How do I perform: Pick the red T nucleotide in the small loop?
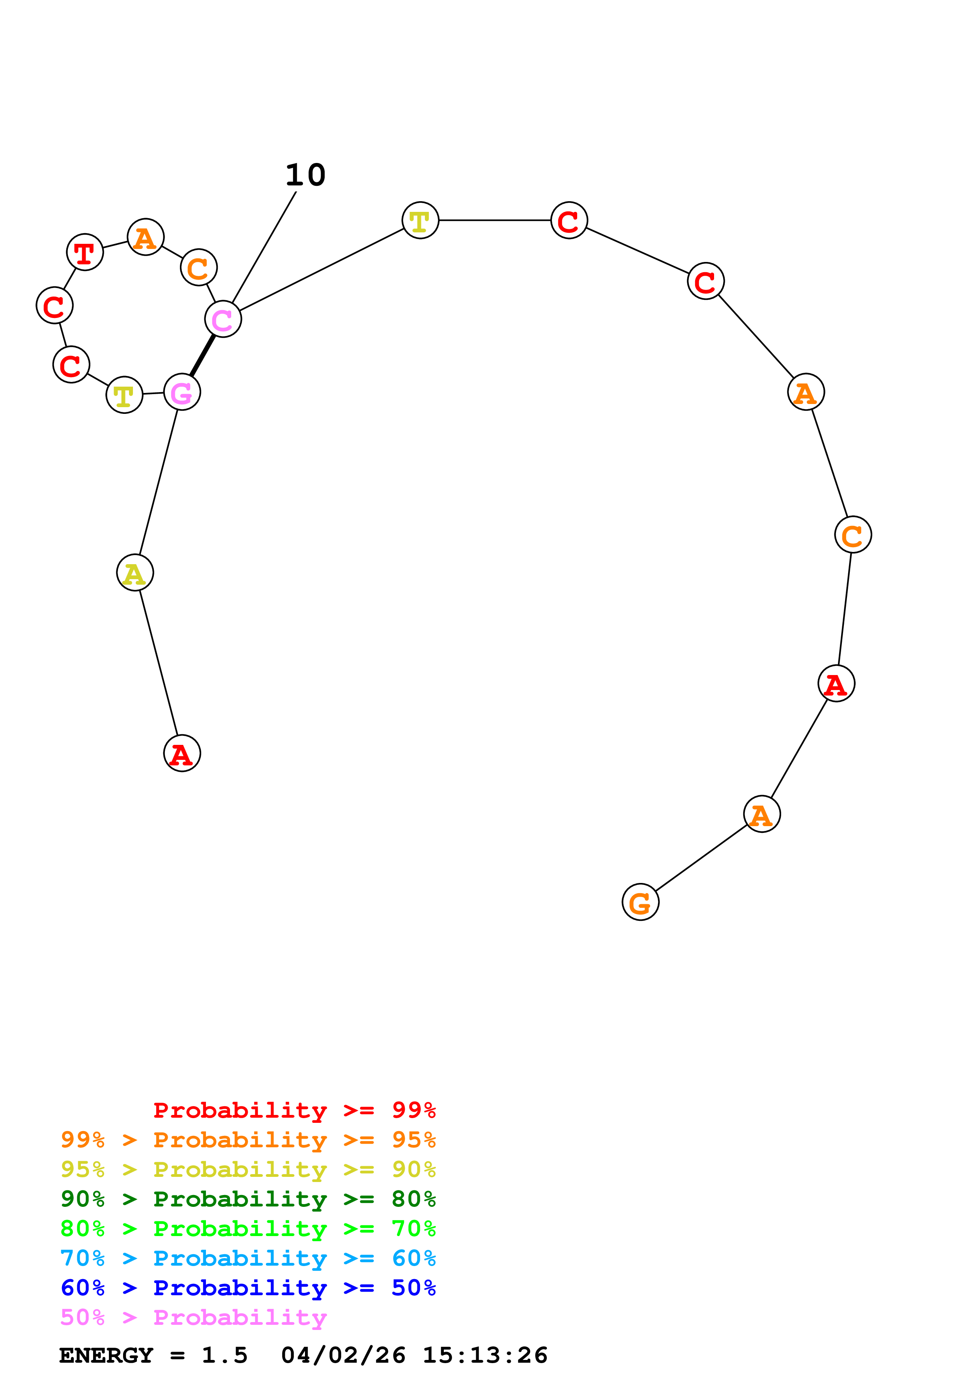[x=85, y=252]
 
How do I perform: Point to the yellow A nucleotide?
[x=135, y=572]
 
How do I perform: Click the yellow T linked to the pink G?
[x=124, y=395]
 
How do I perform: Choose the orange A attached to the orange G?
[x=762, y=814]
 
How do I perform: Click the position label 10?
[x=305, y=175]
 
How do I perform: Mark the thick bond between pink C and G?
[x=202, y=355]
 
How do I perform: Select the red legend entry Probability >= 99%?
[x=294, y=1110]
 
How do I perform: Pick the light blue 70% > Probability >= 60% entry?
[x=248, y=1258]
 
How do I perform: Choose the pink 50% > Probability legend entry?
[x=194, y=1317]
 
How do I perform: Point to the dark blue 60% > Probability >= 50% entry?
[x=248, y=1288]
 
